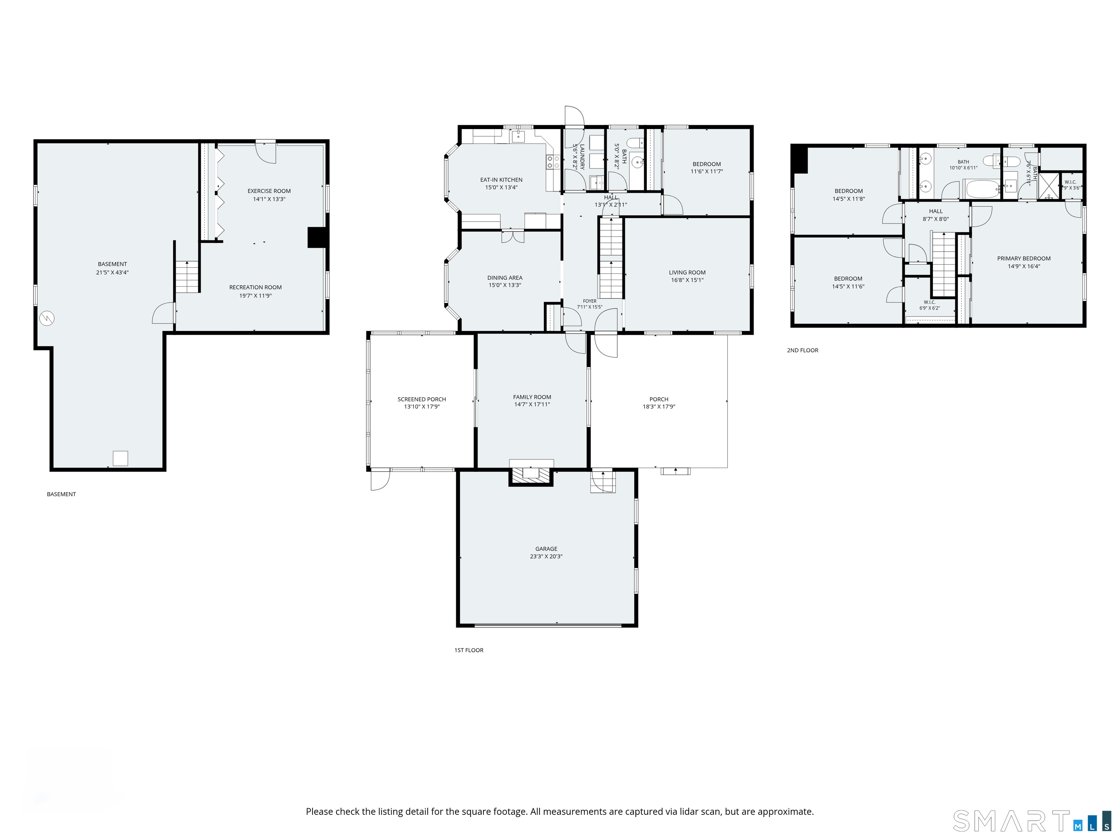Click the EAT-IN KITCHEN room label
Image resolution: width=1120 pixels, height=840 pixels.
[x=501, y=180]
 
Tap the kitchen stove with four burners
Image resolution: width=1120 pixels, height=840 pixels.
[x=553, y=162]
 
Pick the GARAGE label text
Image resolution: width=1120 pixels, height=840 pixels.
[x=547, y=549]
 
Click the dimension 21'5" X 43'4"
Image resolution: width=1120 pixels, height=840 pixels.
[x=112, y=272]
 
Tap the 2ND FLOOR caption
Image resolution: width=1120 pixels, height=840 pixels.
[x=802, y=350]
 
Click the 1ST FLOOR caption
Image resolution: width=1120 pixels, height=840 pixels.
[x=469, y=650]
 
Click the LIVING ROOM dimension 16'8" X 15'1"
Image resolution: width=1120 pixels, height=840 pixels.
[x=687, y=280]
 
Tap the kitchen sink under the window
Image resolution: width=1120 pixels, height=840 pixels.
[x=518, y=136]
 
